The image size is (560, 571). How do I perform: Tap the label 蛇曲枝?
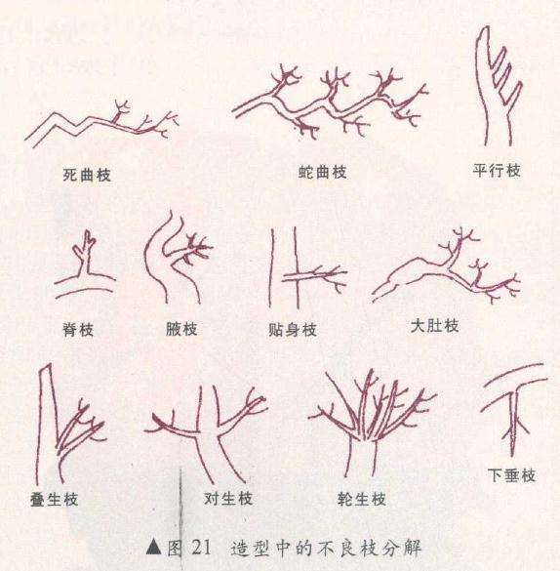pos(323,171)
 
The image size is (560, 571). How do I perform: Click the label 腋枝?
pos(181,330)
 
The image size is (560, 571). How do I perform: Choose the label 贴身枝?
pos(293,330)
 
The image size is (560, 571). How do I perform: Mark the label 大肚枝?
pos(434,325)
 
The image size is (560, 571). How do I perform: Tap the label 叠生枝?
pos(54,500)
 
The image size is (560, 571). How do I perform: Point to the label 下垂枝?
pos(511,476)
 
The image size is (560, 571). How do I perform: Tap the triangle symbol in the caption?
pos(151,549)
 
